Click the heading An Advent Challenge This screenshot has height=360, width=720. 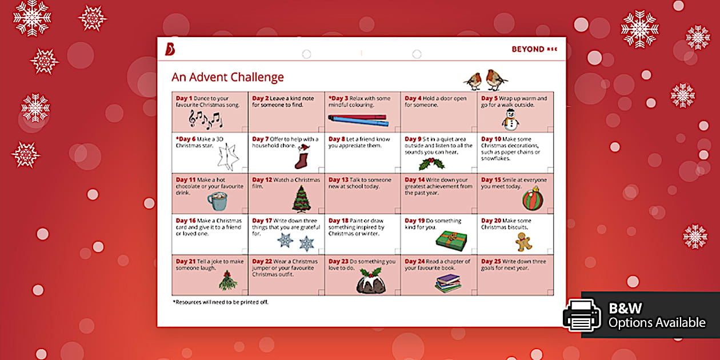point(227,77)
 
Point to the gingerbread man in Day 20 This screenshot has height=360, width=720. point(523,242)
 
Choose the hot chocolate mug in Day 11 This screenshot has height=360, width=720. point(217,201)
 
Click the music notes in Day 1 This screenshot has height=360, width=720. point(206,119)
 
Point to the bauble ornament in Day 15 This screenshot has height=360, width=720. point(533,199)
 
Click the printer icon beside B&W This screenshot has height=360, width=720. point(582,315)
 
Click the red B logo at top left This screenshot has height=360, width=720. point(170,49)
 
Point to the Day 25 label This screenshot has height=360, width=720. point(491,262)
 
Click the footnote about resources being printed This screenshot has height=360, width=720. point(220,302)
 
